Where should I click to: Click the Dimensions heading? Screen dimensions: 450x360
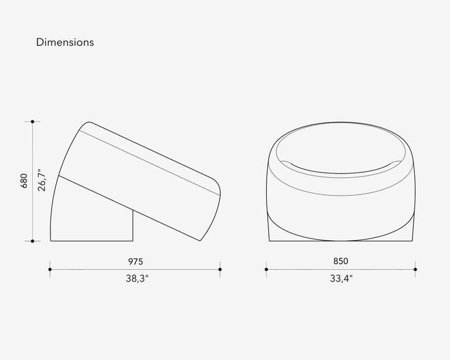coord(65,42)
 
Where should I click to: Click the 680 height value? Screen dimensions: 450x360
coord(24,181)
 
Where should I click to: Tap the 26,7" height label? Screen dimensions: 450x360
coord(42,180)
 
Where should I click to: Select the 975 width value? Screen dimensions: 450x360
coord(135,261)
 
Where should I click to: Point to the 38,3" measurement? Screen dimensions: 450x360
coord(137,279)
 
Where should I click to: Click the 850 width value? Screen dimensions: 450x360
coord(340,261)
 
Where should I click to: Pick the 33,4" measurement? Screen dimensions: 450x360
coord(341,279)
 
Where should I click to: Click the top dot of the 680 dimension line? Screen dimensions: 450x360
coord(32,122)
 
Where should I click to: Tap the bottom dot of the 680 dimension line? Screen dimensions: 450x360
coord(32,241)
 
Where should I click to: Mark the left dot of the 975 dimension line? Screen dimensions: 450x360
coord(50,269)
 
